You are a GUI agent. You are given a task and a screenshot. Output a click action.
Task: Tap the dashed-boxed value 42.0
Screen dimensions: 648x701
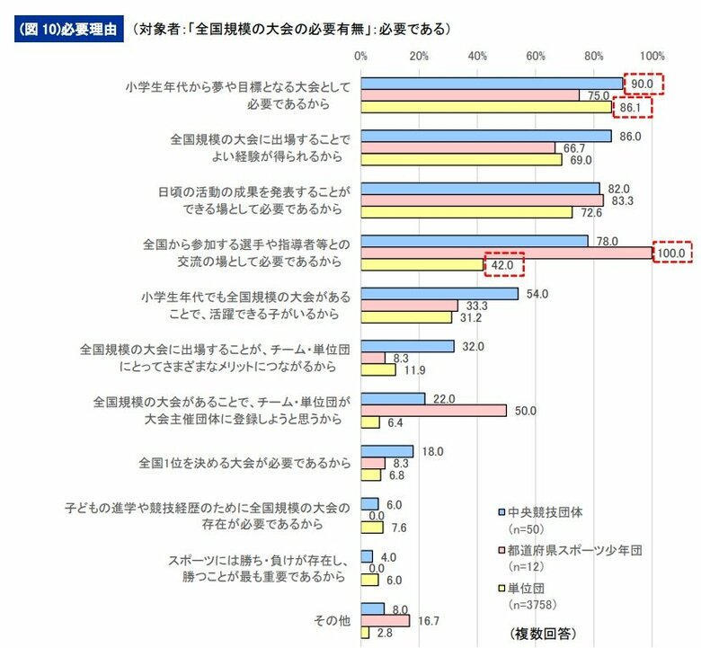coord(502,265)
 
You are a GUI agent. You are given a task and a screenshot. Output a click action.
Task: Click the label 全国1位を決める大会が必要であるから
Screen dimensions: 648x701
coord(244,464)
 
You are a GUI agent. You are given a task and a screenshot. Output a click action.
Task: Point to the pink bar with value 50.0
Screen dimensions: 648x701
coord(434,410)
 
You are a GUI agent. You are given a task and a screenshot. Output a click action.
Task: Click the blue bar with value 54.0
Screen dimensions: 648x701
coord(439,294)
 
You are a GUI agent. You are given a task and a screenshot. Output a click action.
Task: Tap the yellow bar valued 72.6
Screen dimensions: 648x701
coord(466,212)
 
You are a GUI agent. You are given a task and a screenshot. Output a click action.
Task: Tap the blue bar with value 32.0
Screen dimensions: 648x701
coord(407,346)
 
